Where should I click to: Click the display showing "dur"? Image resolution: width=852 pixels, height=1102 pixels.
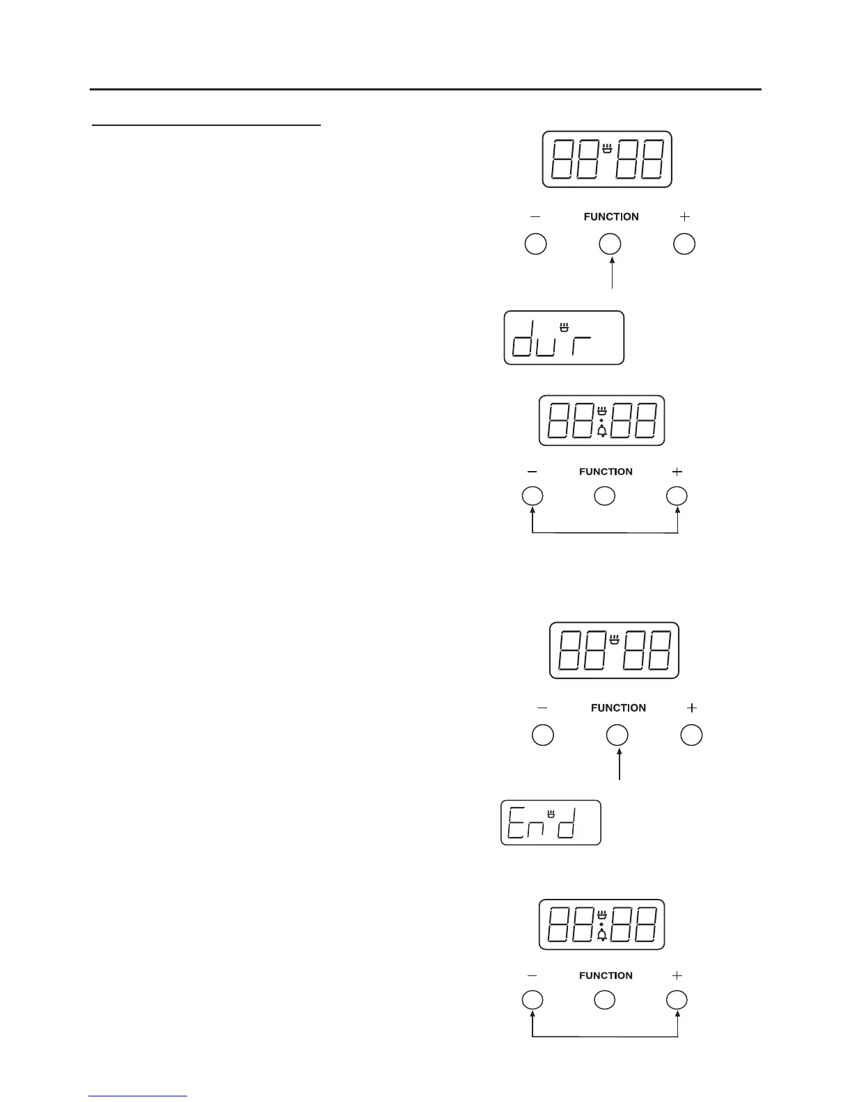point(564,337)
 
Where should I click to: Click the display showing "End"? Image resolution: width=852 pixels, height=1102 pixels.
point(551,822)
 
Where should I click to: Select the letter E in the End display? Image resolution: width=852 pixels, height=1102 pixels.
point(515,823)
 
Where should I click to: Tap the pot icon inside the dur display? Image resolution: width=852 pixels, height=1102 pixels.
point(565,324)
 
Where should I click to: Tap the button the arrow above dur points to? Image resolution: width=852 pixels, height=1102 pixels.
point(610,244)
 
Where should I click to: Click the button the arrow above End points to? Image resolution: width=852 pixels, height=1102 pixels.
point(617,735)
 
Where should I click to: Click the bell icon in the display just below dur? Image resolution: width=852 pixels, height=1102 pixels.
point(602,432)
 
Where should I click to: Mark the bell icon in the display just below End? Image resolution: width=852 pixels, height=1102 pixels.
point(602,936)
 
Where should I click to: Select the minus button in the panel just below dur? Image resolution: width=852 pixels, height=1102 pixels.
point(532,496)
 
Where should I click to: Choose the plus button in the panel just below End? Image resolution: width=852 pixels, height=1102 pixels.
point(677,1000)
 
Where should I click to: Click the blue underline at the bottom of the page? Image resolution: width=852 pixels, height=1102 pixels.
point(139,1096)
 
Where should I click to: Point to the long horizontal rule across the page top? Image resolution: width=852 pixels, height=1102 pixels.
point(425,90)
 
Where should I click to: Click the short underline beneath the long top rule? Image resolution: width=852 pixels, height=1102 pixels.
point(207,126)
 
